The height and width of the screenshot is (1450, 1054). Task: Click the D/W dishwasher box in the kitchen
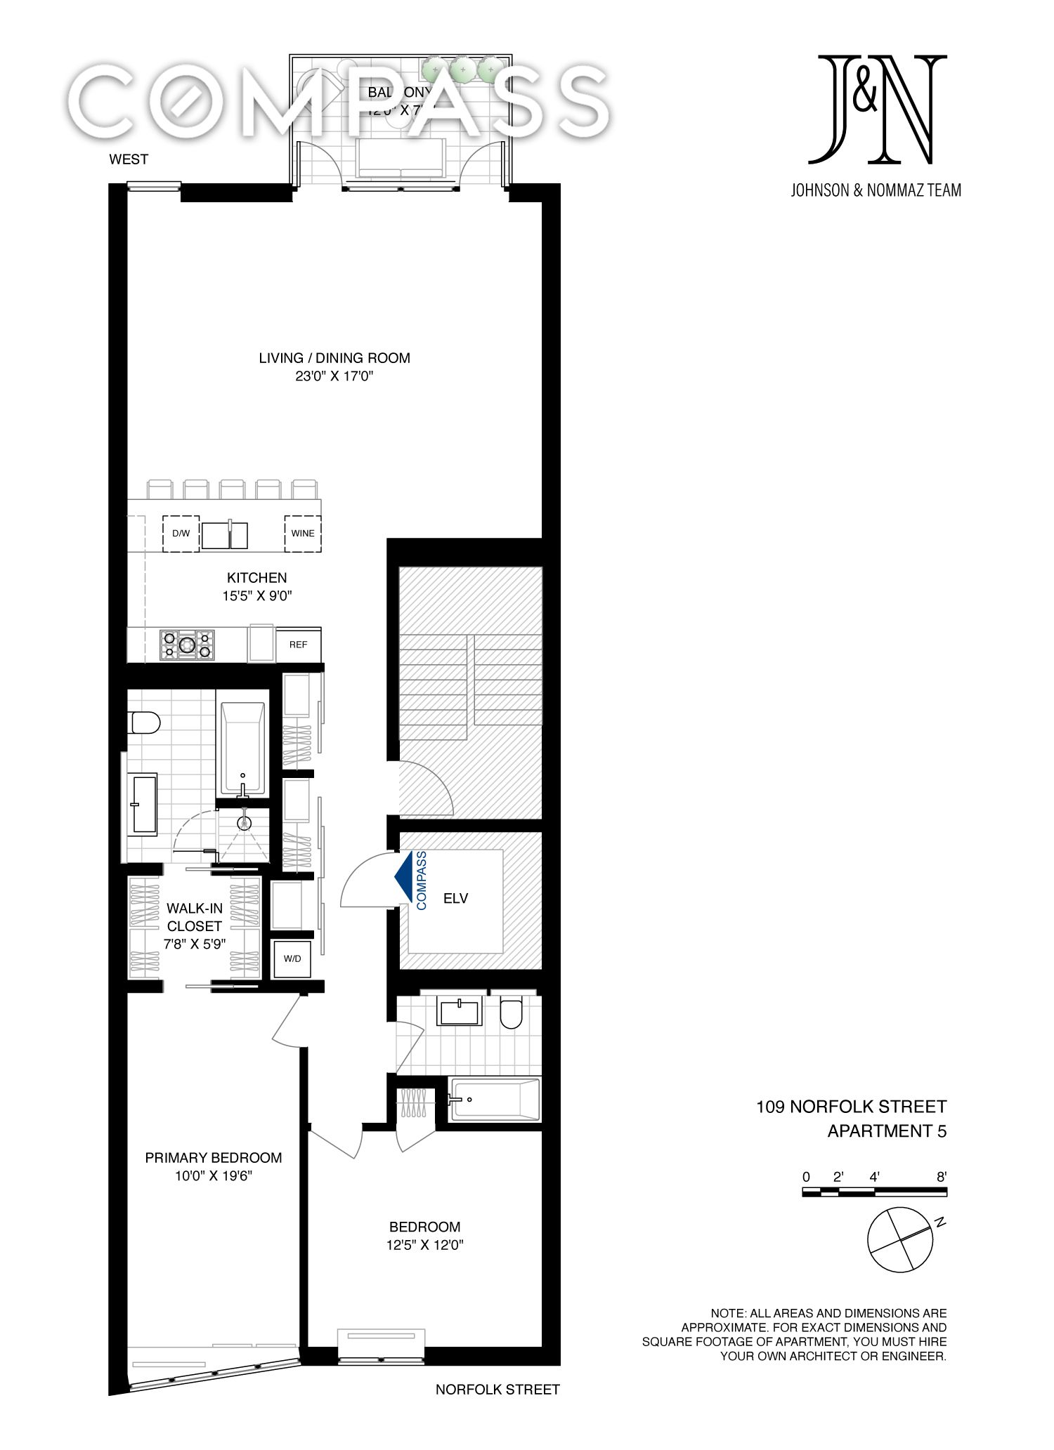click(x=181, y=533)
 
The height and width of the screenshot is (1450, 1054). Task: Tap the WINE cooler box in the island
click(x=303, y=533)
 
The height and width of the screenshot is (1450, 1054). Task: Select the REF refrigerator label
click(x=298, y=644)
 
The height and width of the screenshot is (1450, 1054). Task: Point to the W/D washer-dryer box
click(x=292, y=958)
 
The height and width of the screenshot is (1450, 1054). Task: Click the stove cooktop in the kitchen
click(x=187, y=644)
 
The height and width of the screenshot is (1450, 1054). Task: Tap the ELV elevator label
click(x=455, y=897)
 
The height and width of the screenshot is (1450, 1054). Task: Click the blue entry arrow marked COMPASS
click(x=405, y=877)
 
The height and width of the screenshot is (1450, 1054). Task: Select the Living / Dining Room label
click(x=334, y=358)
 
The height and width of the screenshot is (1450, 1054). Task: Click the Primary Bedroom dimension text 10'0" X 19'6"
click(x=214, y=1175)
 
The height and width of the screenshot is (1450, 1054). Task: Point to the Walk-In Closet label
click(x=195, y=917)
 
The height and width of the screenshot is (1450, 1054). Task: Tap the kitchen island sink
click(x=224, y=534)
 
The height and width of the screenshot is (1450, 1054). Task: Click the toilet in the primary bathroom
click(x=145, y=722)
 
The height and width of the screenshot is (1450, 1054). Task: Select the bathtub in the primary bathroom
click(x=243, y=747)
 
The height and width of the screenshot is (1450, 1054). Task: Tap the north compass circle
click(x=900, y=1239)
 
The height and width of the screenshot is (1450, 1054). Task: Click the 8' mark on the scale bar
click(x=942, y=1177)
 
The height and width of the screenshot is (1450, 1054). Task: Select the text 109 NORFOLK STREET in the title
click(x=851, y=1107)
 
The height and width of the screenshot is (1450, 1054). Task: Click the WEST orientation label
click(x=129, y=159)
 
